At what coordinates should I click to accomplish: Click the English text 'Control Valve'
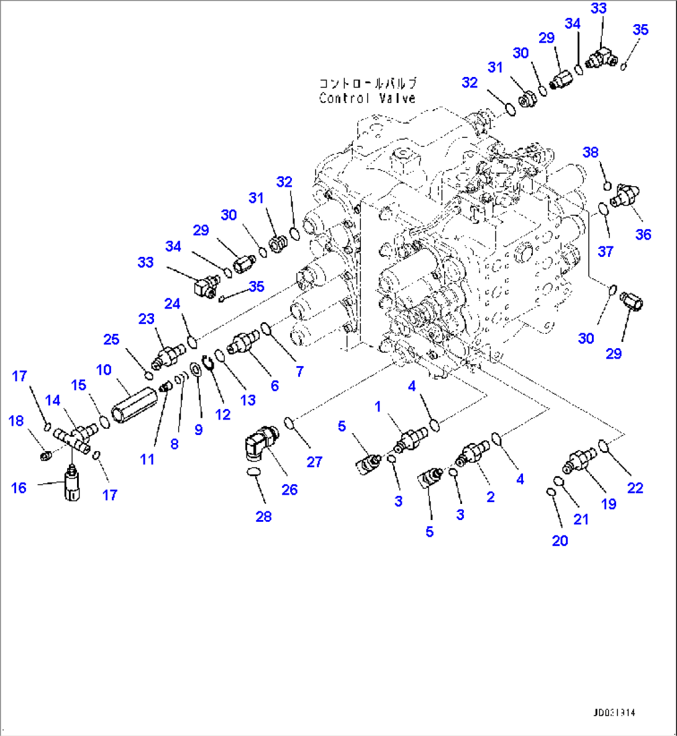[x=367, y=98]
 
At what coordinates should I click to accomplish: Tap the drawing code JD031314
[x=614, y=713]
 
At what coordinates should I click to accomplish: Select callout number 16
[x=19, y=488]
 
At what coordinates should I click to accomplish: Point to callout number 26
[x=289, y=490]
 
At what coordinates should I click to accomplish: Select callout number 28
[x=263, y=516]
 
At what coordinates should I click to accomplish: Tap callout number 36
[x=643, y=235]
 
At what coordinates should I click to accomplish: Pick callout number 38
[x=591, y=153]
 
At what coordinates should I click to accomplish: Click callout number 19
[x=609, y=504]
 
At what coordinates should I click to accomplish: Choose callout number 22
[x=635, y=488]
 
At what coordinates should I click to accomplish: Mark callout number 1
[x=378, y=406]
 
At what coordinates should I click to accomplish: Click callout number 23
[x=146, y=319]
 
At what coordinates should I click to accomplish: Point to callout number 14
[x=53, y=400]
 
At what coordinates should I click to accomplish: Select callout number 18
[x=16, y=421]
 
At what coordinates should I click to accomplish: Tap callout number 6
[x=275, y=386]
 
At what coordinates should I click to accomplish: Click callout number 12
[x=223, y=415]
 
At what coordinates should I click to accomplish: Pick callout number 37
[x=606, y=251]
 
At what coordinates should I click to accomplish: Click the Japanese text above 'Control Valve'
[x=368, y=83]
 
